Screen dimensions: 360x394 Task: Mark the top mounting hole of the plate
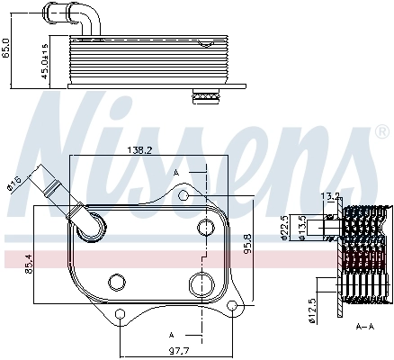point(184,194)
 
